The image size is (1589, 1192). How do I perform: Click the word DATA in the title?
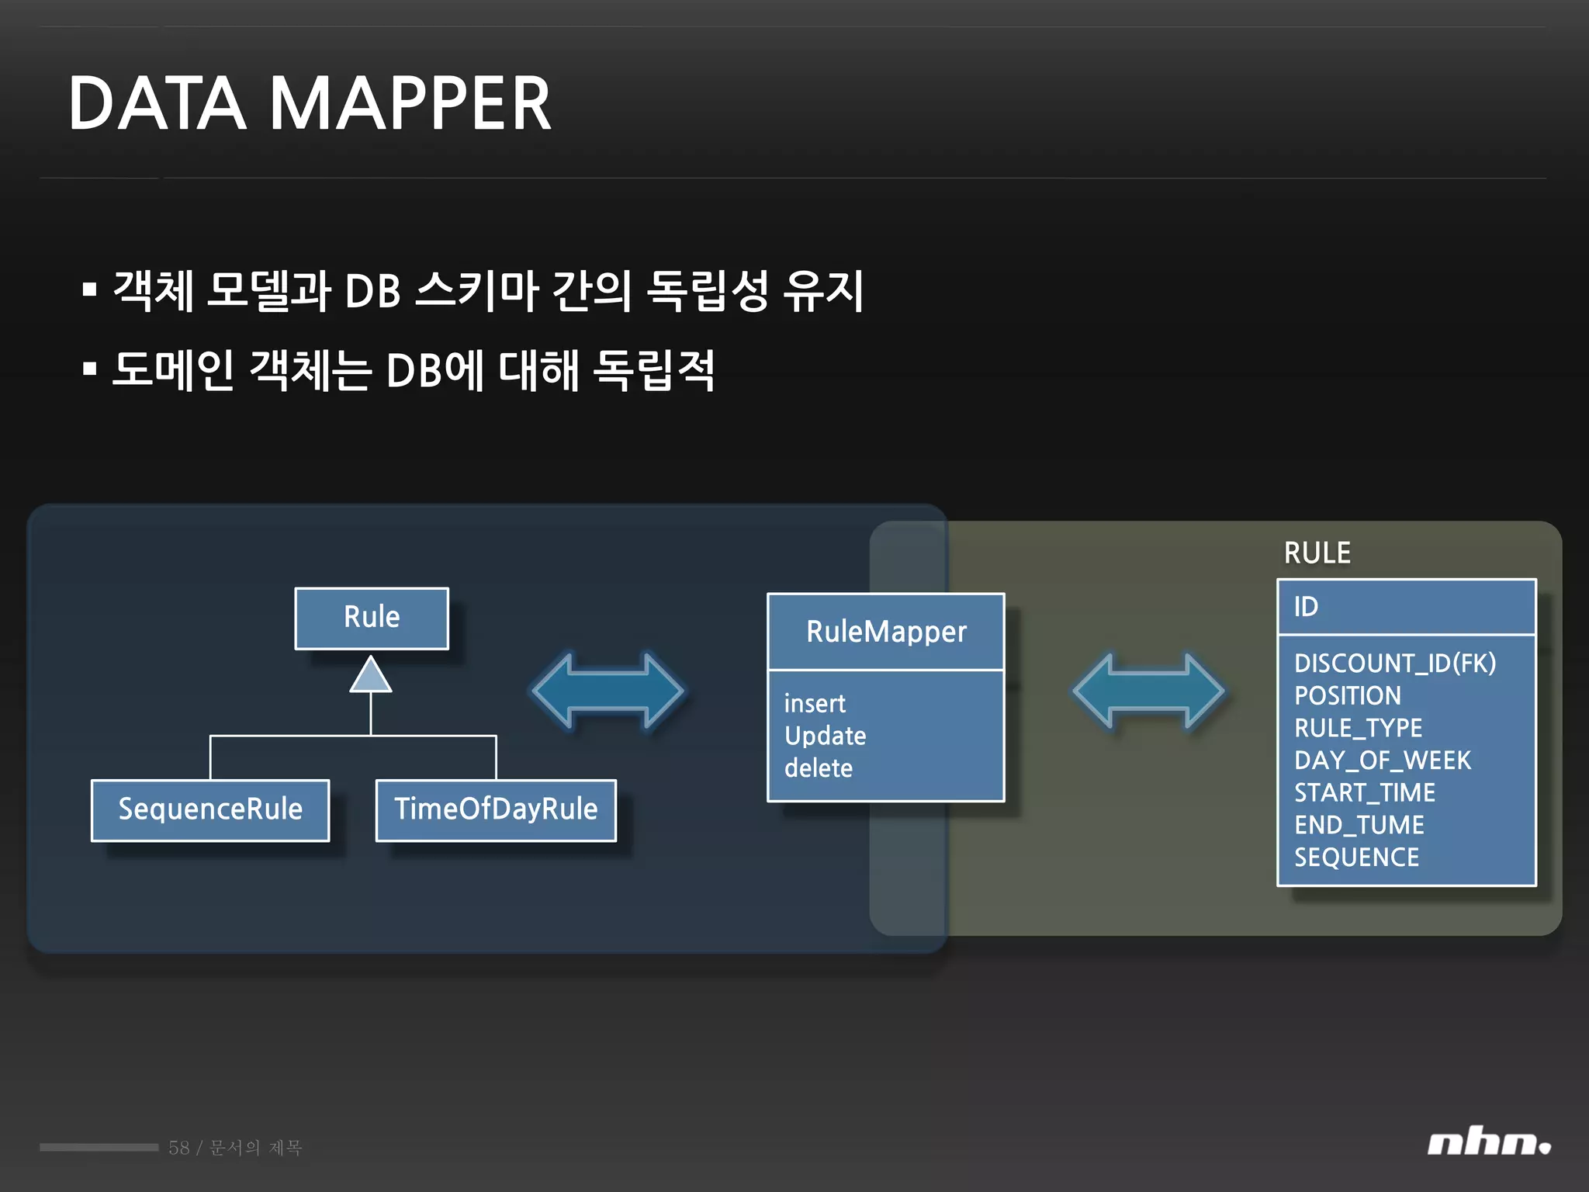[x=158, y=104]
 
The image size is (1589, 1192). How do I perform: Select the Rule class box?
[x=372, y=618]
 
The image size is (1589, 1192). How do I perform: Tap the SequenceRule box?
[x=210, y=809]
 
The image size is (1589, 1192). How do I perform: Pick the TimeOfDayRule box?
[x=496, y=809]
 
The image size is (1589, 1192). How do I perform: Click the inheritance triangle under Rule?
[x=371, y=675]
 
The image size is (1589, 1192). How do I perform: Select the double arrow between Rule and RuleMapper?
[x=608, y=691]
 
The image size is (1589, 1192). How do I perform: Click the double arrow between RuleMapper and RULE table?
[x=1148, y=691]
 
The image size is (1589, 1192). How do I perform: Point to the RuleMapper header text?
[x=886, y=632]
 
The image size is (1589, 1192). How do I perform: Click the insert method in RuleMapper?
[x=815, y=704]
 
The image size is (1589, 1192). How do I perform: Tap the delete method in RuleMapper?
[x=819, y=768]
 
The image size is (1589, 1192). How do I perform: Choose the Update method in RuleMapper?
[x=825, y=736]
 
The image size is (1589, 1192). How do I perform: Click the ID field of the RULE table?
[x=1306, y=607]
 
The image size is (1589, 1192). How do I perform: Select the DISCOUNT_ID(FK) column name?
[x=1394, y=664]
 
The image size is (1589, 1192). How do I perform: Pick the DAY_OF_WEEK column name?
[x=1382, y=761]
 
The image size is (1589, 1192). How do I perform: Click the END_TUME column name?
[x=1359, y=825]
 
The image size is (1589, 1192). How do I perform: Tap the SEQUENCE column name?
[x=1356, y=858]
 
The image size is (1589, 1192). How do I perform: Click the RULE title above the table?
[x=1317, y=553]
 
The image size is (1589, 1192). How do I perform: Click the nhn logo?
[x=1488, y=1143]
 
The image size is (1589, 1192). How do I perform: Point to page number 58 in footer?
[x=178, y=1148]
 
